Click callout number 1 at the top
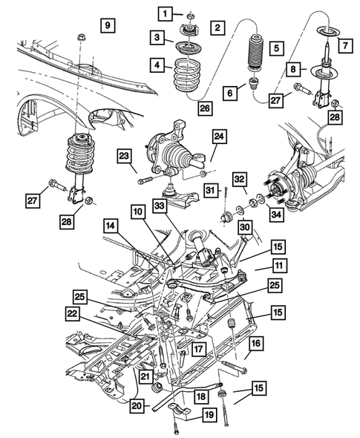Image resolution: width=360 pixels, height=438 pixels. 163,13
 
